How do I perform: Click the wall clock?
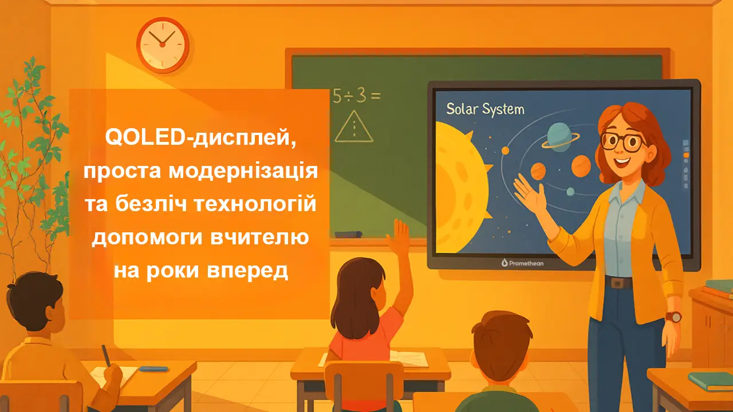(162, 45)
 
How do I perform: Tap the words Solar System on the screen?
(484, 109)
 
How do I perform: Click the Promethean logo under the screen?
(522, 263)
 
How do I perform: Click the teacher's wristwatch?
(674, 316)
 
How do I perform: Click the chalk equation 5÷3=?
(356, 96)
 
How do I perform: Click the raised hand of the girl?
(401, 235)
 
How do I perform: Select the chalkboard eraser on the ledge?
(348, 234)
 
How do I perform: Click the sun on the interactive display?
(458, 183)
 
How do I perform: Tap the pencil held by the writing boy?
(106, 354)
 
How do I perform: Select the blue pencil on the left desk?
(154, 369)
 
